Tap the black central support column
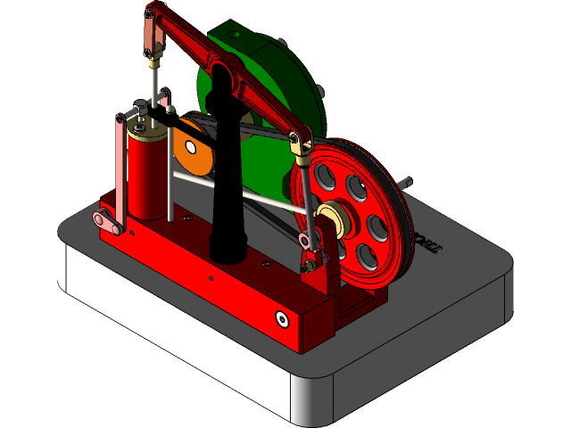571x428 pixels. (225, 178)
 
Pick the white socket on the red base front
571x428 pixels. (282, 318)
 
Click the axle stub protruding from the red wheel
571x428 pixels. (407, 185)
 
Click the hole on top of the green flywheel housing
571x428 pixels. (235, 34)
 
